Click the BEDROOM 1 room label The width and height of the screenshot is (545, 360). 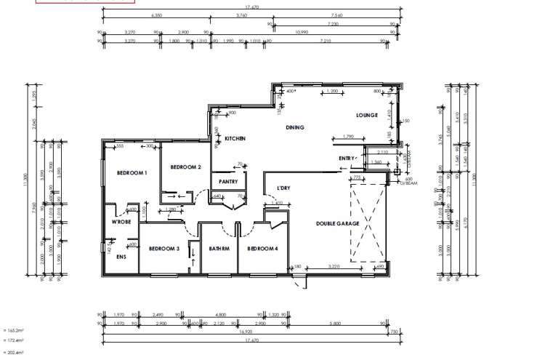132,172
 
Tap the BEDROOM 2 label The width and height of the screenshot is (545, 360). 185,167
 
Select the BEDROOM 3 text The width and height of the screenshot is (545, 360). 163,249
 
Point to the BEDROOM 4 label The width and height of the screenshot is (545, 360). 262,249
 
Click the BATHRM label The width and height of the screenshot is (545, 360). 219,249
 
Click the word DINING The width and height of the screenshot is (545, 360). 294,127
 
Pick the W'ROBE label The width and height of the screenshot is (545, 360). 121,222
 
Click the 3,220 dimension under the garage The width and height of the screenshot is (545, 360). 334,268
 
